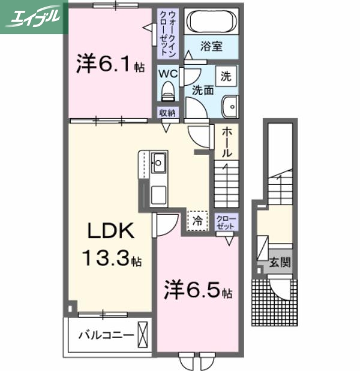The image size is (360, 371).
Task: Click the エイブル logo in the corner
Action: tap(33, 16)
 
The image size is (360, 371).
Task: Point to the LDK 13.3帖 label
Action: tap(112, 245)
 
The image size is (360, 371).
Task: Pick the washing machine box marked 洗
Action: tap(226, 76)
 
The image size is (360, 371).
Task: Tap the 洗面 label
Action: tap(203, 91)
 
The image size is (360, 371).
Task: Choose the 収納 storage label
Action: tap(167, 112)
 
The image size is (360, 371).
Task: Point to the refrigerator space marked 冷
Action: tap(197, 220)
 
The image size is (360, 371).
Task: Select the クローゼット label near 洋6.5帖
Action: tap(226, 223)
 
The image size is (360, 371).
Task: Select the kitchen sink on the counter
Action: tap(159, 161)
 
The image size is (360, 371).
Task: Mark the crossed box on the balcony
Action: tap(143, 333)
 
